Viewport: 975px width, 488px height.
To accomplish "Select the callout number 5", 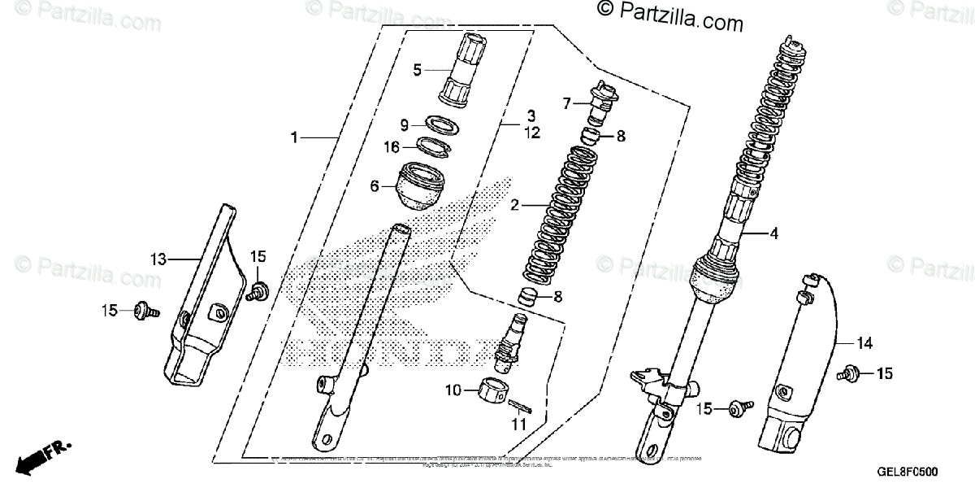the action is pyautogui.click(x=418, y=70).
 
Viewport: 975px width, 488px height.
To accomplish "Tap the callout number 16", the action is pyautogui.click(x=392, y=147).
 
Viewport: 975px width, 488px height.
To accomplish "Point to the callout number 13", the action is pyautogui.click(x=158, y=259).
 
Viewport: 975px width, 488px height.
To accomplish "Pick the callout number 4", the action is pyautogui.click(x=773, y=234).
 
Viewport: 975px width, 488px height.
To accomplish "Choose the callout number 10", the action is pyautogui.click(x=452, y=391).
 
